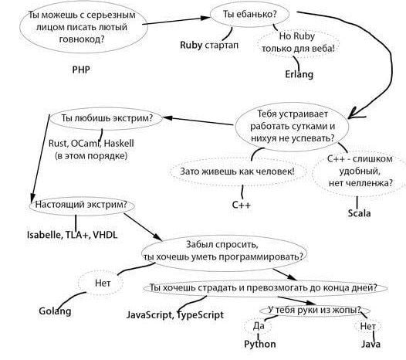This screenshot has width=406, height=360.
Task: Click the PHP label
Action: pos(81,70)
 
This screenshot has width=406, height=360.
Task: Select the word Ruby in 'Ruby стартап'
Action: pos(191,45)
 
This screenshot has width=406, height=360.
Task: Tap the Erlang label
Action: pos(299,74)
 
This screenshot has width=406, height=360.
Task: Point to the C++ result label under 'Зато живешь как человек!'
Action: pos(242,205)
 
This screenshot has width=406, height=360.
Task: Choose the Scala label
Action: pos(359,213)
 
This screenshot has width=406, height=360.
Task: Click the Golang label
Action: pos(55,311)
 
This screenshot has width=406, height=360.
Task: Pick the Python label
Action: pos(259,345)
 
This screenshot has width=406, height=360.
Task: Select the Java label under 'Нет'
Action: pos(370,345)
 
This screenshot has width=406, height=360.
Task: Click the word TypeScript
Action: pos(200,315)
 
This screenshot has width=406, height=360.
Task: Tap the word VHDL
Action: pos(105,235)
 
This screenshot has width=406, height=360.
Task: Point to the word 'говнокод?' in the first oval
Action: pos(82,39)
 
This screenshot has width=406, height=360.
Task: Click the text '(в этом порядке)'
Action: pos(91,156)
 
